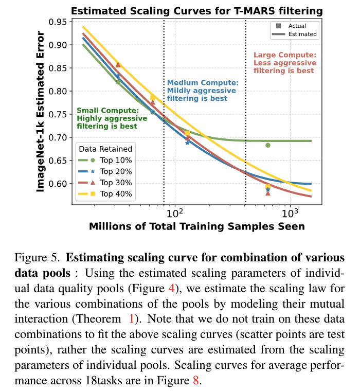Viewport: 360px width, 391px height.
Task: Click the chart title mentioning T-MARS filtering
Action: click(196, 11)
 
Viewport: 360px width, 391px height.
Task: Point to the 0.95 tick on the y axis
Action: click(58, 22)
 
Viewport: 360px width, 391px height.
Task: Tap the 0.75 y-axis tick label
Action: click(58, 114)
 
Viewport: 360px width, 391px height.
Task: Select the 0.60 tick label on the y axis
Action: click(58, 184)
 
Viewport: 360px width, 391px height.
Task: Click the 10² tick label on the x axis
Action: click(175, 213)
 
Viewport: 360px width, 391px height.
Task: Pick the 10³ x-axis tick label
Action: click(290, 213)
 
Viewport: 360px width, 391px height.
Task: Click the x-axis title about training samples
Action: click(197, 226)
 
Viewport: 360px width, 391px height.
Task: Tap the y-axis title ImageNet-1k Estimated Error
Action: click(40, 112)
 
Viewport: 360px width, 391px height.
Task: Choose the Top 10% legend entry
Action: click(105, 161)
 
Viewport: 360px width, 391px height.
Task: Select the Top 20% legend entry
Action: click(105, 171)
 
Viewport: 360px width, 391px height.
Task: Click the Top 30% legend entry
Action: click(105, 183)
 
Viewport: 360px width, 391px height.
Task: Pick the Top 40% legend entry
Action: click(105, 194)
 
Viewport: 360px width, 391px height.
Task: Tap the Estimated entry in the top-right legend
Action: click(295, 34)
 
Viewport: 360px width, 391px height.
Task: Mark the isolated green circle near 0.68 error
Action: click(268, 145)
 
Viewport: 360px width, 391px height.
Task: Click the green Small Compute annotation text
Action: click(112, 118)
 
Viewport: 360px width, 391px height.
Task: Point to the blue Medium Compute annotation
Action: click(203, 91)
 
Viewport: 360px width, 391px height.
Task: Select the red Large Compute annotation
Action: click(285, 63)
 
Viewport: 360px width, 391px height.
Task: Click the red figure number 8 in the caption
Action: click(196, 381)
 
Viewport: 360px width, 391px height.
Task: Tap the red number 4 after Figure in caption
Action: click(172, 289)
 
